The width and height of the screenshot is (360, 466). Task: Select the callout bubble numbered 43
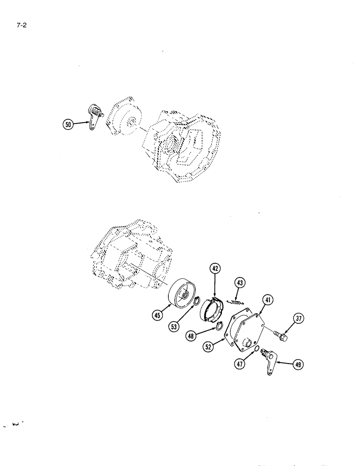click(x=240, y=283)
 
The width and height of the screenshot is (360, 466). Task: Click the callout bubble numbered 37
click(x=298, y=319)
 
